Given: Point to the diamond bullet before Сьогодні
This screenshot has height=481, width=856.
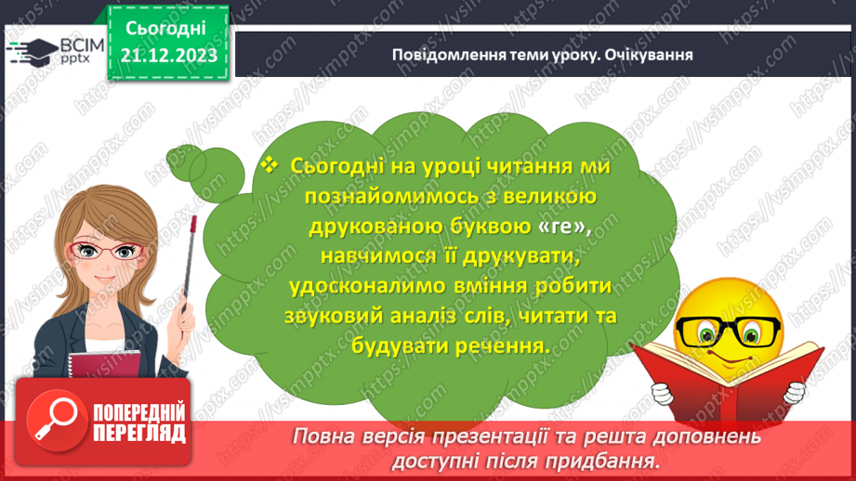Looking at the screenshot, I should click(x=270, y=164).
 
